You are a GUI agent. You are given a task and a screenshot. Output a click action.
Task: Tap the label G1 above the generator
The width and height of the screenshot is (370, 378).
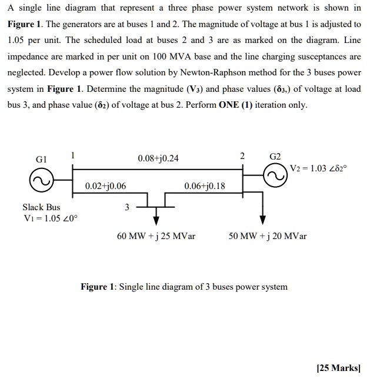(x=41, y=158)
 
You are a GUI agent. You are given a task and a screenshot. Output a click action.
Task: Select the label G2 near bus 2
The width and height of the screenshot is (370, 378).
(x=275, y=157)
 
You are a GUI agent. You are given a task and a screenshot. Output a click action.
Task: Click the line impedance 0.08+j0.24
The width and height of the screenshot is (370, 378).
(x=158, y=158)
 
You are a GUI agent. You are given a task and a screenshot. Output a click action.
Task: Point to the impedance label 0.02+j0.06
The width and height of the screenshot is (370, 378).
(x=105, y=186)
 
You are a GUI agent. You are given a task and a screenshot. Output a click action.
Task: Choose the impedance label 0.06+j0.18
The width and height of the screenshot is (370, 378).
(x=205, y=186)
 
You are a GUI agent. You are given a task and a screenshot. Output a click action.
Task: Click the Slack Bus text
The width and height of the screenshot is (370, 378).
(x=41, y=207)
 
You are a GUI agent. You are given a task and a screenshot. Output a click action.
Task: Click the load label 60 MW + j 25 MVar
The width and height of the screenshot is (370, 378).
(x=156, y=236)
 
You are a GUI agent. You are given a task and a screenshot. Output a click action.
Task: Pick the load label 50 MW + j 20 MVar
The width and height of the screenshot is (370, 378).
(x=268, y=236)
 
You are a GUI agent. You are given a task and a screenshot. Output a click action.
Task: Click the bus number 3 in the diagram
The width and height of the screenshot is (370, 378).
(x=126, y=207)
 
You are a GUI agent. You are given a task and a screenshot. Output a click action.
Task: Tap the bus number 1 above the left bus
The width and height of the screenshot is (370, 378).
(x=72, y=156)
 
